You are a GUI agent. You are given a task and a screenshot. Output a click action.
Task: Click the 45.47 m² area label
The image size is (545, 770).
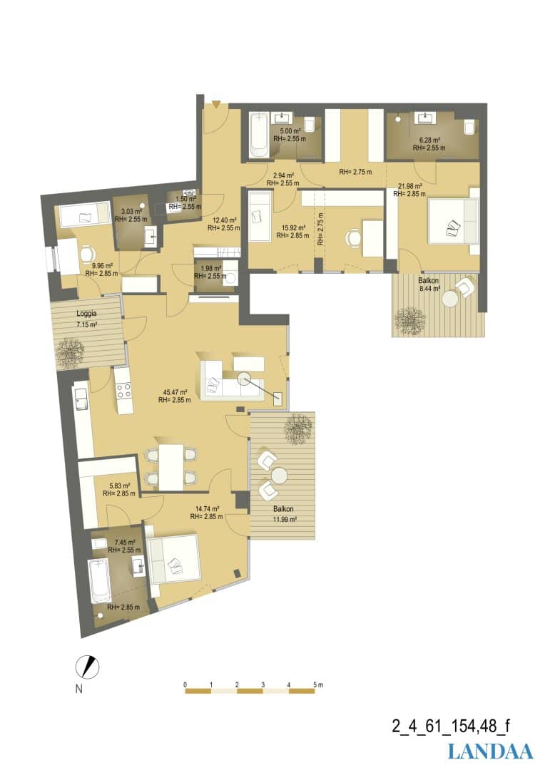point(175,392)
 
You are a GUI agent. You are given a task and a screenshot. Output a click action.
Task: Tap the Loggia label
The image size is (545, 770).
point(86,313)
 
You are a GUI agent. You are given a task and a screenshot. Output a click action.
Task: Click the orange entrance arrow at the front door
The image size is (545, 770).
point(215,104)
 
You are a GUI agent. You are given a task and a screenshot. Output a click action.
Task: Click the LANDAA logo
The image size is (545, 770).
point(490,751)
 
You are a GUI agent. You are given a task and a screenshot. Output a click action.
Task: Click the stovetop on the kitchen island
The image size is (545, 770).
point(124,390)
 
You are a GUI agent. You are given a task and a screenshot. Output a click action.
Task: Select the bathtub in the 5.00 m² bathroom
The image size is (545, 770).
point(258,135)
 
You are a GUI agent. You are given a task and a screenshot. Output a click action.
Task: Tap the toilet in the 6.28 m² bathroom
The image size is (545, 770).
point(469,127)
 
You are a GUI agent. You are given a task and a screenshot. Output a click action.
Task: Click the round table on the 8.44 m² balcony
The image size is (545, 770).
point(450,299)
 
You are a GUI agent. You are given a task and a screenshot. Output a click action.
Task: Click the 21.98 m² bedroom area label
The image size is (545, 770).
point(410,186)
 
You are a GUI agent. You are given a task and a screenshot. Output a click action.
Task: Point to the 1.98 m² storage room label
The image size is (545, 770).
point(211,269)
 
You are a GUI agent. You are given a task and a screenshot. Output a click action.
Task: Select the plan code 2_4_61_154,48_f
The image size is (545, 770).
point(451,725)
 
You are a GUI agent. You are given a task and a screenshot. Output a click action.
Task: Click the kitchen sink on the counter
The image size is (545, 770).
point(81,399)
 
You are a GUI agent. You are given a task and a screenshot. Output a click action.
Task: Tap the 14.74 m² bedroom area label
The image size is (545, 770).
point(207,509)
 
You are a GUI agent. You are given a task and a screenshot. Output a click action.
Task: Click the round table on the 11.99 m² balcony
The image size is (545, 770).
point(279,476)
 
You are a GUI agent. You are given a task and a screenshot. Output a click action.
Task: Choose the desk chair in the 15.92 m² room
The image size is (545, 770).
point(353,237)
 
